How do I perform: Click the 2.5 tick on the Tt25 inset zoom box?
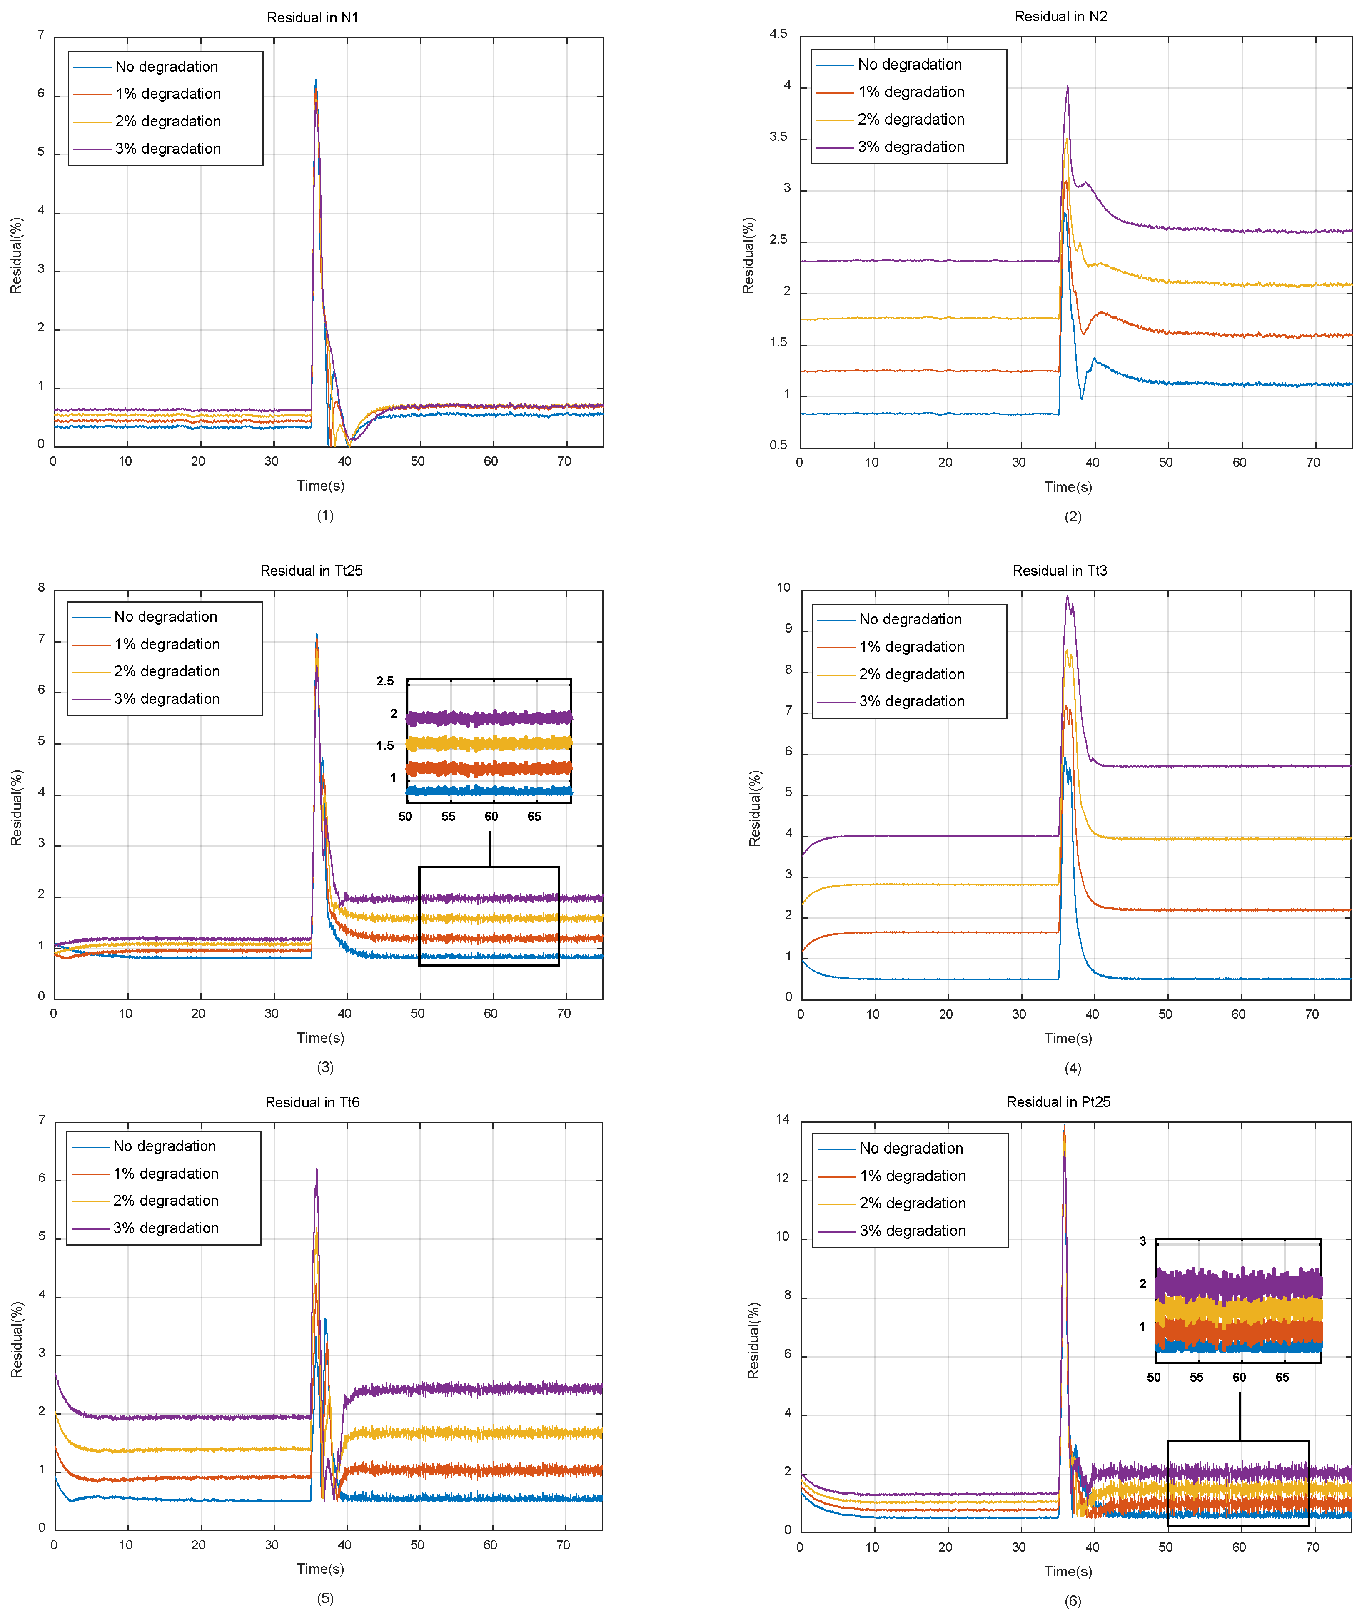[385, 681]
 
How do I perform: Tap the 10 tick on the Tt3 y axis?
[783, 588]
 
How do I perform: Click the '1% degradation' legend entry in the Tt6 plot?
[165, 1173]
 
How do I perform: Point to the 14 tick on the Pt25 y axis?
[783, 1120]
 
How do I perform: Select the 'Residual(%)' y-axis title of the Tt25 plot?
[16, 807]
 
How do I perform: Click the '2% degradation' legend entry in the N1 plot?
[167, 121]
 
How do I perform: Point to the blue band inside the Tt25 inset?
[488, 790]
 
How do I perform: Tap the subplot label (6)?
[1072, 1600]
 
